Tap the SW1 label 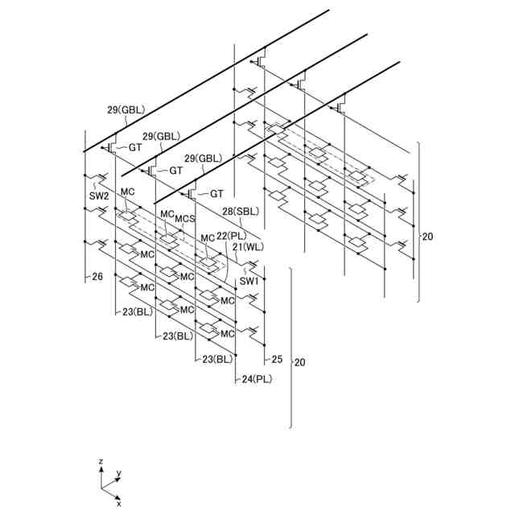point(249,281)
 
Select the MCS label point(186,219)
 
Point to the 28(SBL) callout point(239,211)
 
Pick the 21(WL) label point(248,247)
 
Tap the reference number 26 point(97,277)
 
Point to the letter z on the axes point(100,462)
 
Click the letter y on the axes point(119,473)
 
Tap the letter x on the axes point(118,504)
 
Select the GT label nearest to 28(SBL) point(216,194)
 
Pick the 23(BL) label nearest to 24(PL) point(216,359)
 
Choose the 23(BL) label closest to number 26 point(138,311)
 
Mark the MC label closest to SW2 point(126,192)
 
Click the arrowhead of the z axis point(101,469)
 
